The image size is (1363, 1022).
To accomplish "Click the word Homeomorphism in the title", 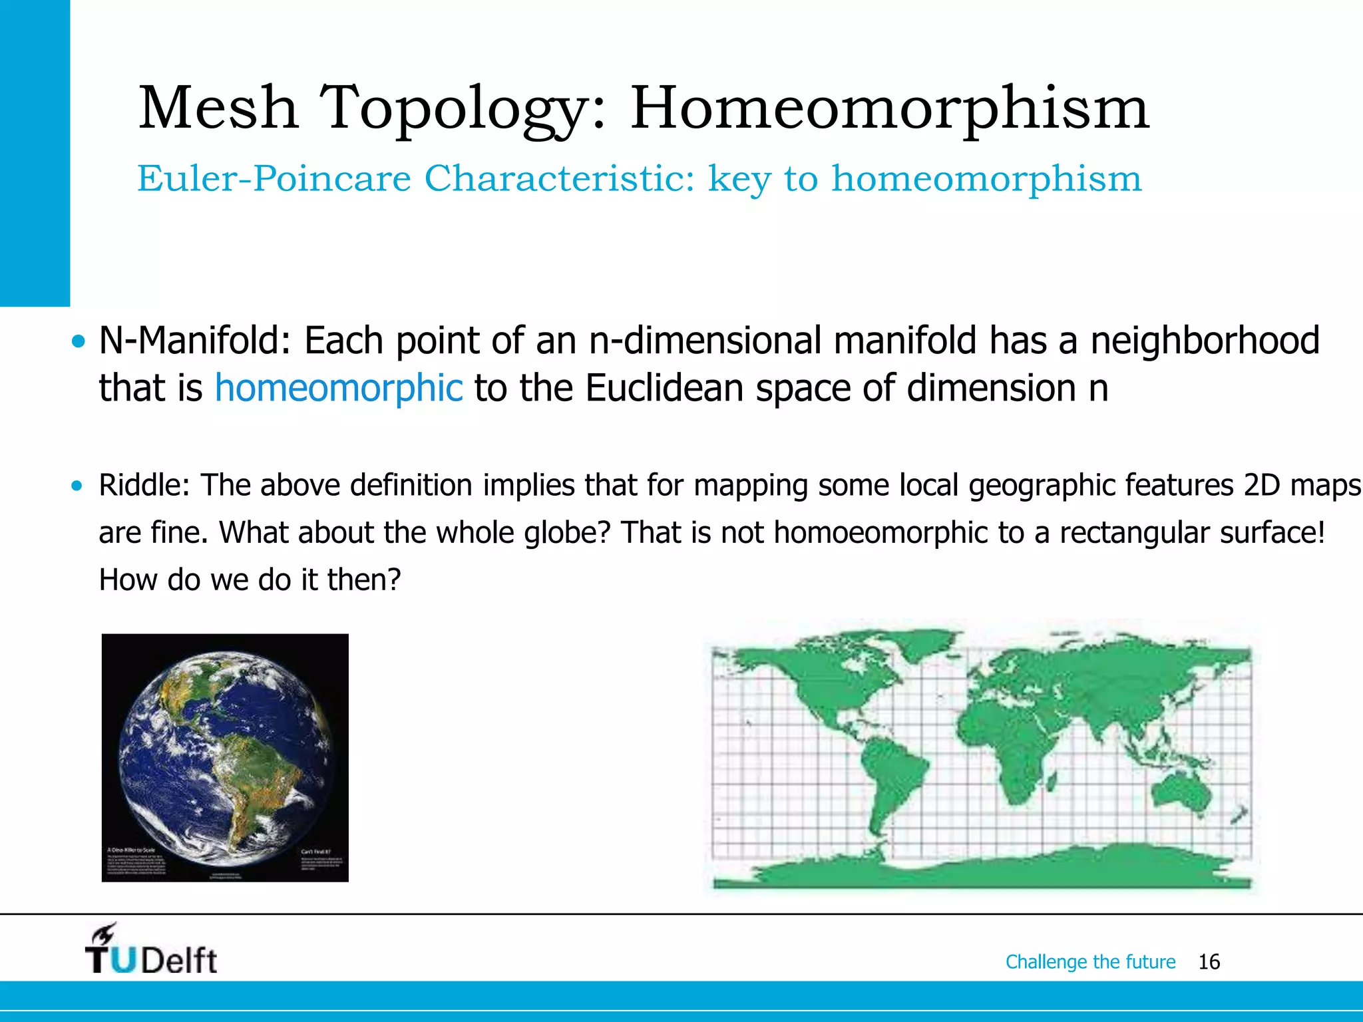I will point(889,108).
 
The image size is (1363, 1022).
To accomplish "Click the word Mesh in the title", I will point(218,108).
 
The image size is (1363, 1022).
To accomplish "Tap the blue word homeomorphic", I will point(338,389).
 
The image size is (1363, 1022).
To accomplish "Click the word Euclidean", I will point(664,389).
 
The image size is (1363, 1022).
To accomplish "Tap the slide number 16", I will point(1209,961).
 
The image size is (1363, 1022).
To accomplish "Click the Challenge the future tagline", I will point(1090,961).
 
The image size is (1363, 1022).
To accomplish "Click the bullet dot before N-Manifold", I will point(79,342).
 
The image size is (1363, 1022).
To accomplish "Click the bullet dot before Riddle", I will point(78,486).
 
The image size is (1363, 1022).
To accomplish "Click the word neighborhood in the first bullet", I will point(1205,341).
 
